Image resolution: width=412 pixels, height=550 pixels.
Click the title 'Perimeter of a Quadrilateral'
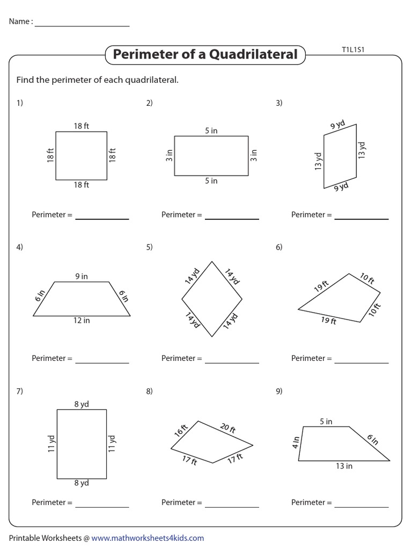pos(205,54)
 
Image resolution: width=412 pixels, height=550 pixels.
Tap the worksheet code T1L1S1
pos(354,50)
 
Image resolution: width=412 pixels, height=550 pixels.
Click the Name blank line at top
pos(82,25)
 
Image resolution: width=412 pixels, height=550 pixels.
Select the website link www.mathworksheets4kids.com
pos(148,538)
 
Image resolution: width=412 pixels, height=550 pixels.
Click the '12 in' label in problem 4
pos(82,321)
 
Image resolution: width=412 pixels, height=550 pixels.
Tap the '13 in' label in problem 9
pos(344,466)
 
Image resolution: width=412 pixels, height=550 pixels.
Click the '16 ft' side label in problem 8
pos(180,430)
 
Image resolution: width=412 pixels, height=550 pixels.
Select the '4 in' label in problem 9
pos(295,443)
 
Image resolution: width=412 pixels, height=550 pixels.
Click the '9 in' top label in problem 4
pos(82,276)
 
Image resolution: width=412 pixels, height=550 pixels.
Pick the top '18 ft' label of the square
pos(82,126)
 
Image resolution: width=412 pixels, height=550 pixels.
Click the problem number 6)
pos(279,247)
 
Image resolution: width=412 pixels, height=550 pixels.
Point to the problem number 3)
pos(279,103)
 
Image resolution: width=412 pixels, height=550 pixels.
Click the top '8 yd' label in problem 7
pos(82,404)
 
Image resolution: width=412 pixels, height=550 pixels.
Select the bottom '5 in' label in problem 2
pos(211,181)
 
